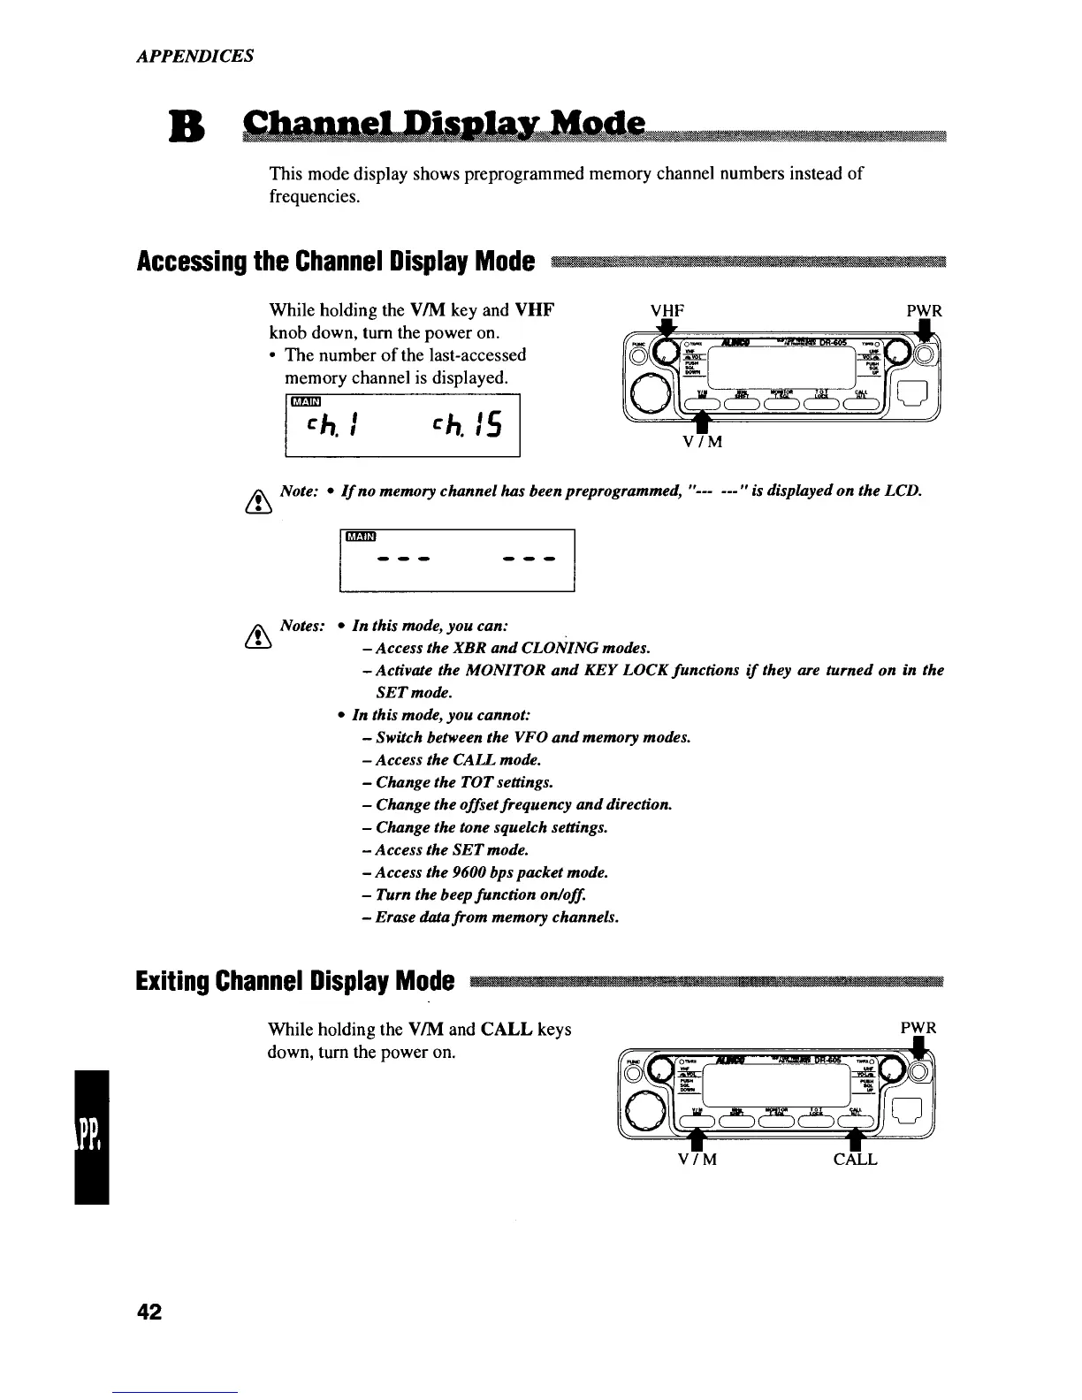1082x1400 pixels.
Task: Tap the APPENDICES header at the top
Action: (195, 56)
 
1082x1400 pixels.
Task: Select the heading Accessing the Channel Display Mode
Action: (336, 262)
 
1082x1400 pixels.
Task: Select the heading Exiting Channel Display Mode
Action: (296, 981)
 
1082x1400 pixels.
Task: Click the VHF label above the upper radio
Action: (667, 311)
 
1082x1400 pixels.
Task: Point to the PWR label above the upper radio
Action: (924, 311)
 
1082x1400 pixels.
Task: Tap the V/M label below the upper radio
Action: (703, 442)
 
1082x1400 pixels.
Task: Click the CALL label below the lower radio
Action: (855, 1160)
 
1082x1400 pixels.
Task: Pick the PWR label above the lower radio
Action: (918, 1028)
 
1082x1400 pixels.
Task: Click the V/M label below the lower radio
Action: (697, 1160)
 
